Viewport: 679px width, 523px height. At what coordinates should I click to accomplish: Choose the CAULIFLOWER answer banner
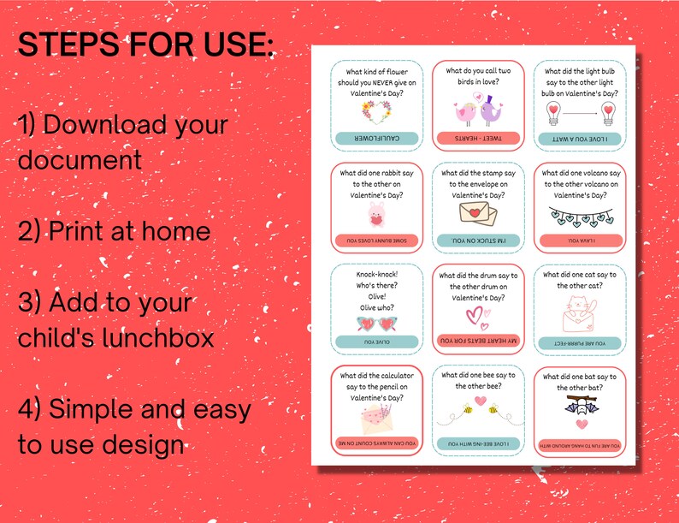376,138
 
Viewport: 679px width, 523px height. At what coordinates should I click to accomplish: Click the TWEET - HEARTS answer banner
478,138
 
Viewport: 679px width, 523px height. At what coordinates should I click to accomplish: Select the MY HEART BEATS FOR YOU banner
478,341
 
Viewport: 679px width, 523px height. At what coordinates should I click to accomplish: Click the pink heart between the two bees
481,400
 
